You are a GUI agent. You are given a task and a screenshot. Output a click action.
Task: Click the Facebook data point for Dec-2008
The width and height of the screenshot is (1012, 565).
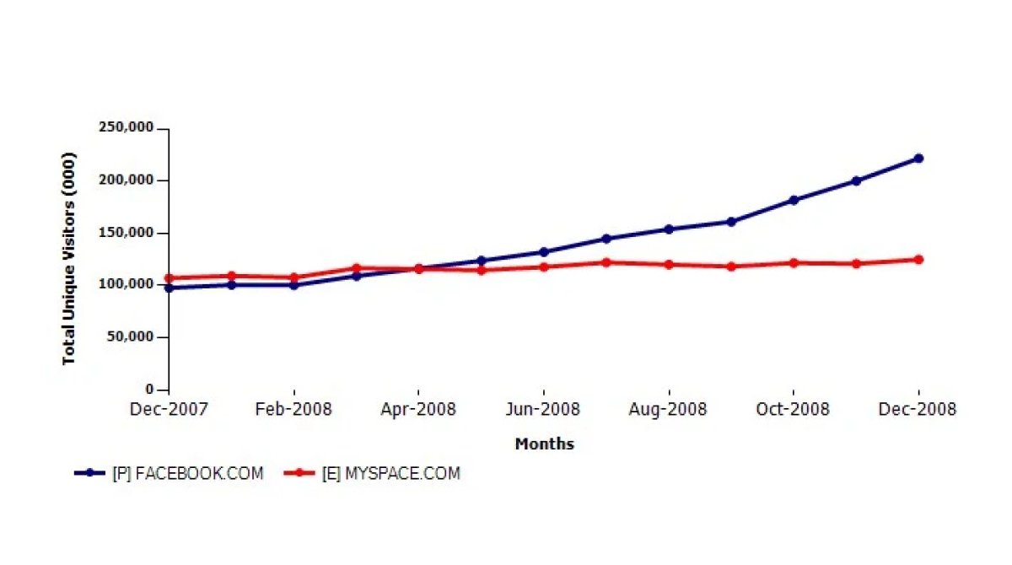tap(918, 159)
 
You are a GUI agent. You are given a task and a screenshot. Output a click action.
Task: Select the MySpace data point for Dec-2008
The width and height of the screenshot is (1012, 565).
tap(918, 260)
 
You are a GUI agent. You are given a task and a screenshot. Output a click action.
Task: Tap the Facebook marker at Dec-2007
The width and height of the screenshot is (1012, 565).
tap(169, 288)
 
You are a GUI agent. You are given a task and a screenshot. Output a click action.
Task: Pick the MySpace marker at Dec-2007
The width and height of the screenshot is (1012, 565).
tap(169, 278)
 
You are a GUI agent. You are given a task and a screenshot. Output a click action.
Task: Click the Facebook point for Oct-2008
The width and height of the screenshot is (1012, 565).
tap(794, 200)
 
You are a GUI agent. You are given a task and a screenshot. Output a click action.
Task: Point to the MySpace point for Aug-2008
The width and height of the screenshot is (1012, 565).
tap(669, 265)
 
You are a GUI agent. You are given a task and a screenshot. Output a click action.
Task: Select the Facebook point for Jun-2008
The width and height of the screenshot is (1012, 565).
tap(544, 252)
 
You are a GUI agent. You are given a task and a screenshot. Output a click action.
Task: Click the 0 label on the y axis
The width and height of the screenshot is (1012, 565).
tap(150, 390)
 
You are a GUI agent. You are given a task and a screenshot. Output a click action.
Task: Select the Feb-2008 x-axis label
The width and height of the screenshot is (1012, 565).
tap(293, 410)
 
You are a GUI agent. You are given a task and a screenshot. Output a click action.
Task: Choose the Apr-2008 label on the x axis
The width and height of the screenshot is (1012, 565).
tap(418, 410)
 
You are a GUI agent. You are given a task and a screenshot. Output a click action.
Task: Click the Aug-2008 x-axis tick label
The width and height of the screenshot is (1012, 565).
tap(669, 410)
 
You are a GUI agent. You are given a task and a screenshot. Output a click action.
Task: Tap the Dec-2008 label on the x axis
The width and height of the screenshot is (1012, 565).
tap(918, 410)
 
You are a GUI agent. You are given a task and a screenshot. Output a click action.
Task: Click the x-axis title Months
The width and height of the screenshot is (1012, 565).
tap(544, 444)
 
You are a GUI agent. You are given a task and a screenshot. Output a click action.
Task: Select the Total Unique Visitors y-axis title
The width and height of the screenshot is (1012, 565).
tap(69, 258)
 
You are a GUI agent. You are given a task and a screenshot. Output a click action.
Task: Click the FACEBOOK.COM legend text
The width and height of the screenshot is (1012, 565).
tap(187, 474)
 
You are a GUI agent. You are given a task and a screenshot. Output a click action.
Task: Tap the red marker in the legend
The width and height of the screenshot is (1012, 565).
tap(299, 474)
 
